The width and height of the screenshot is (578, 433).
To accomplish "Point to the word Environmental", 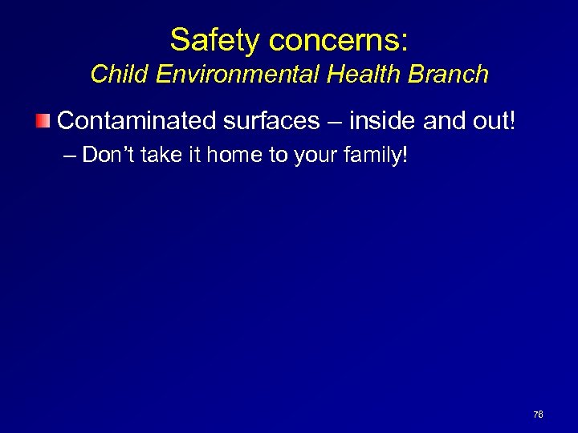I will tap(230, 75).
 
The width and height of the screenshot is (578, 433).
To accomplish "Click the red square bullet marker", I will tap(44, 121).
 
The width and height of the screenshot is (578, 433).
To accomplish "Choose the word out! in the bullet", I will tap(496, 120).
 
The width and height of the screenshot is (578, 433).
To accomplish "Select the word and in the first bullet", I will tap(444, 120).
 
